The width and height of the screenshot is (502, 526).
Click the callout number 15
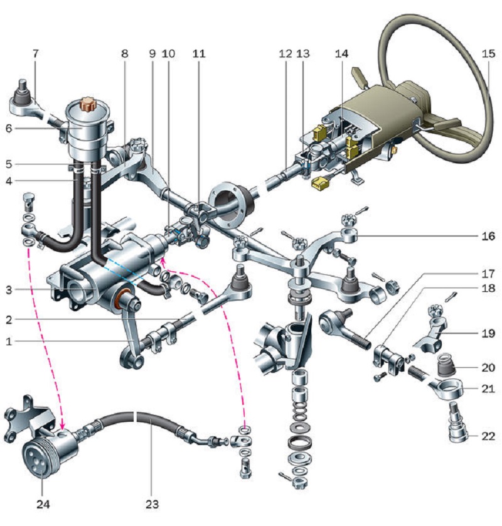[x=488, y=54]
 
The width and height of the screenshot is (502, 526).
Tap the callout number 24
[x=43, y=504]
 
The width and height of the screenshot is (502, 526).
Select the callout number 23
[x=152, y=504]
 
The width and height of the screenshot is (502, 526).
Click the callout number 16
[x=488, y=236]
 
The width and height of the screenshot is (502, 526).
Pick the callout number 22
[x=488, y=436]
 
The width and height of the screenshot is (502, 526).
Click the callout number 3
[x=9, y=290]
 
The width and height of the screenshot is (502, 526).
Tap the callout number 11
[x=198, y=54]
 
